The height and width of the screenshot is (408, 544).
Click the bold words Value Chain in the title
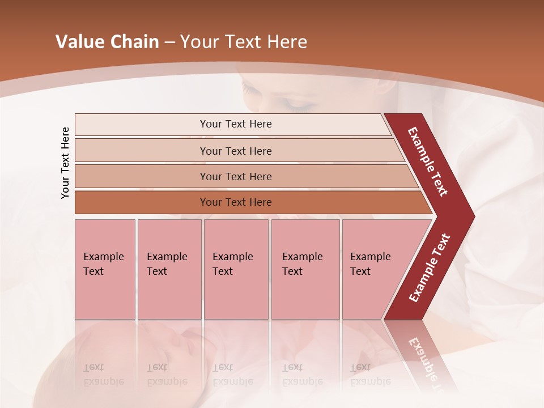(107, 42)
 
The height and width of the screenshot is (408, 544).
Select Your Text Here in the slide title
(244, 42)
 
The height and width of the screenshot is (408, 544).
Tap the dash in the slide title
(169, 42)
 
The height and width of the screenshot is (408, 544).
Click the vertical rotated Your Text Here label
(66, 163)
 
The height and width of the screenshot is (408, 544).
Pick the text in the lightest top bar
(236, 124)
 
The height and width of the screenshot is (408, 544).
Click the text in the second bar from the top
(236, 151)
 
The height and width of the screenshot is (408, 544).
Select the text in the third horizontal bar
(236, 176)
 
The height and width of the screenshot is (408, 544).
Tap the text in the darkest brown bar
(236, 202)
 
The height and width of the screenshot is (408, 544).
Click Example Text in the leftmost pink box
(103, 264)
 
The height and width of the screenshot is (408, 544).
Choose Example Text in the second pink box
(167, 264)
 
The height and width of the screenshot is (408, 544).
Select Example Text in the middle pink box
(232, 264)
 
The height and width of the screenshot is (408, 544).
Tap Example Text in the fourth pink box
(302, 264)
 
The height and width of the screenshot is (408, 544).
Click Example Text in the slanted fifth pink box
(370, 264)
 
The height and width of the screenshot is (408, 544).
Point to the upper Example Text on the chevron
(428, 161)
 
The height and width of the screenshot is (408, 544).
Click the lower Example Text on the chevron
(430, 268)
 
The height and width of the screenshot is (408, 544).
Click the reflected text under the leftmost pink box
(103, 375)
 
